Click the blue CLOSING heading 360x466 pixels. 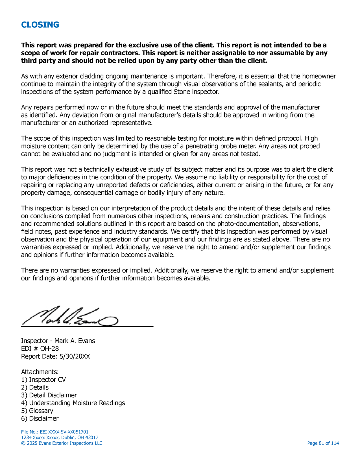click(40, 25)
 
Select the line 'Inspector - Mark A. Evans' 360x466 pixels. click(58, 341)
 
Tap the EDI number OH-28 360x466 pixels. click(49, 349)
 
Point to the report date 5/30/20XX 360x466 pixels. click(75, 356)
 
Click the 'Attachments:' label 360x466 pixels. click(40, 372)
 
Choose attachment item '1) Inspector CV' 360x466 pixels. click(43, 380)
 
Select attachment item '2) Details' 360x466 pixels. click(35, 387)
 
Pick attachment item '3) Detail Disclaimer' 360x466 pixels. click(49, 395)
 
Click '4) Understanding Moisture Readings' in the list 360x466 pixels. click(73, 403)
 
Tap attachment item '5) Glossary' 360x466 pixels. click(37, 411)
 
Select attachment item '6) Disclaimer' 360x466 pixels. click(40, 419)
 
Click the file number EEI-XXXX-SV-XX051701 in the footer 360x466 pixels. click(55, 432)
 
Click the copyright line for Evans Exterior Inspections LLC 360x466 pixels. click(62, 443)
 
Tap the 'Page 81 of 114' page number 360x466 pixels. click(323, 443)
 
